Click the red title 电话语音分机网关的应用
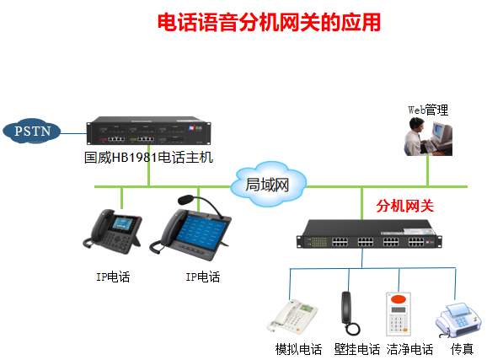click(x=269, y=22)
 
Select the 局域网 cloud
click(x=267, y=185)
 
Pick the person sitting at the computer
click(x=418, y=135)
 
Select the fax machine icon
click(x=458, y=319)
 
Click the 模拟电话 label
click(x=298, y=349)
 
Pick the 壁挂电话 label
click(x=356, y=349)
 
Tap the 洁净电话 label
click(x=410, y=349)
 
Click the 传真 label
click(x=462, y=349)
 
